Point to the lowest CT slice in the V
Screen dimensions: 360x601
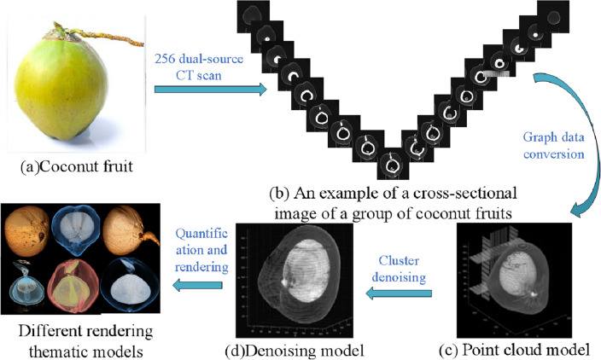pos(394,161)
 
